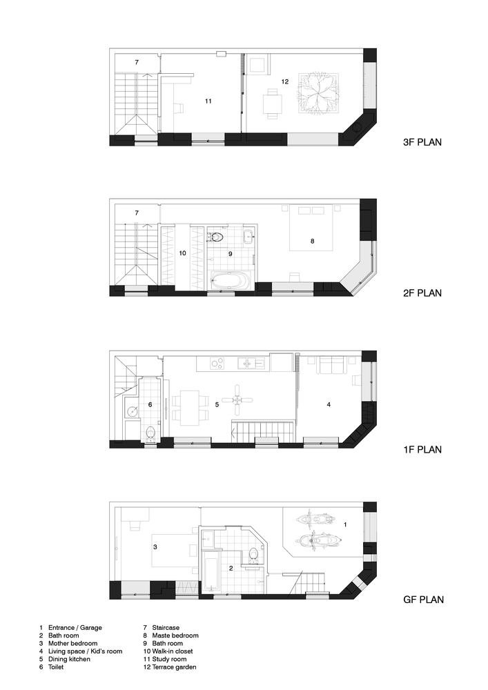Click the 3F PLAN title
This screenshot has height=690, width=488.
pyautogui.click(x=422, y=142)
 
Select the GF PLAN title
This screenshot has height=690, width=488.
pyautogui.click(x=423, y=600)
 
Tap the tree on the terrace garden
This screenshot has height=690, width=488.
pyautogui.click(x=319, y=94)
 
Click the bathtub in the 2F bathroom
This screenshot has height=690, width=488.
pyautogui.click(x=230, y=280)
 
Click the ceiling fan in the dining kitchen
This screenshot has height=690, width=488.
pyautogui.click(x=237, y=400)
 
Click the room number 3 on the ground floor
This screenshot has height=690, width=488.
pyautogui.click(x=155, y=547)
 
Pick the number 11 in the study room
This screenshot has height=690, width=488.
pyautogui.click(x=208, y=101)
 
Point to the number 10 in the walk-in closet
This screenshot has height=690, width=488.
pyautogui.click(x=183, y=253)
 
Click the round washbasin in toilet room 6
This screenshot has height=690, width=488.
pyautogui.click(x=132, y=411)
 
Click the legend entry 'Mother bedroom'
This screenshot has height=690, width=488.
pyautogui.click(x=72, y=643)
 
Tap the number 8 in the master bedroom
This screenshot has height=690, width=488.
pyautogui.click(x=313, y=241)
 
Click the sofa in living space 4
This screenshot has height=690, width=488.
pyautogui.click(x=331, y=365)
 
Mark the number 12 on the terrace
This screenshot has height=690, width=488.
pyautogui.click(x=284, y=81)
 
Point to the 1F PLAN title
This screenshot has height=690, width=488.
pyautogui.click(x=422, y=449)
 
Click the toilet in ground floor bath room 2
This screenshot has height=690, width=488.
pyautogui.click(x=253, y=555)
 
